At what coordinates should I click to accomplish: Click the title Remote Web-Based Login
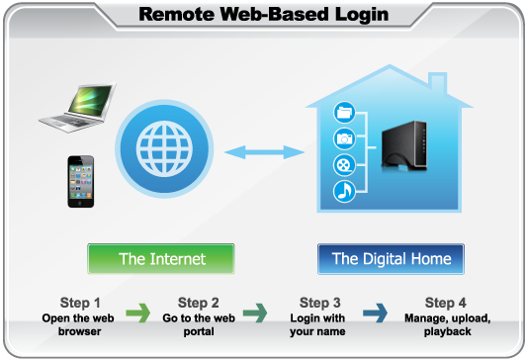point(263,14)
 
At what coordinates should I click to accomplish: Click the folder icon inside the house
point(345,111)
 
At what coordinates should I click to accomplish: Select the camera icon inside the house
point(345,137)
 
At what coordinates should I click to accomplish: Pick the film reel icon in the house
point(345,164)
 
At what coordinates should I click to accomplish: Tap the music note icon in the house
point(345,191)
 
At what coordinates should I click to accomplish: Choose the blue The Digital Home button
point(391,259)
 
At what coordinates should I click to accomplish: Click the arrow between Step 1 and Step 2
point(138,315)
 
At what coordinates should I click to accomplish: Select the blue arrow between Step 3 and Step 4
point(376,315)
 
